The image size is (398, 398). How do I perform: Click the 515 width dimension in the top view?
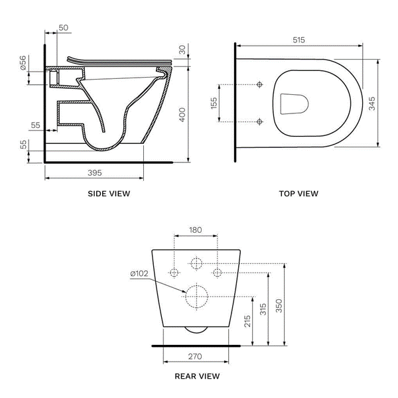[298, 40]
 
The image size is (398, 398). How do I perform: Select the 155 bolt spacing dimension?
[214, 104]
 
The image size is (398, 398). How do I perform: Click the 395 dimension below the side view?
[94, 172]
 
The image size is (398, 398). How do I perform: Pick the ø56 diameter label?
[23, 64]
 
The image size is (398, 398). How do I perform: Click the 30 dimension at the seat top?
[183, 50]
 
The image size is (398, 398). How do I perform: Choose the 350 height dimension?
[279, 305]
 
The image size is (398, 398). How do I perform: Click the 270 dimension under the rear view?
[196, 356]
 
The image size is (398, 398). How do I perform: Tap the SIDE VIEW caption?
[109, 194]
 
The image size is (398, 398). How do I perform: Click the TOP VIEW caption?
[298, 194]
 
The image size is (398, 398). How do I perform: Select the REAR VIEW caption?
[196, 376]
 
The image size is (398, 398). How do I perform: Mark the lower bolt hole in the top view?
[259, 121]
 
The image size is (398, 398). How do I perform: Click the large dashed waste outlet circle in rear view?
[196, 296]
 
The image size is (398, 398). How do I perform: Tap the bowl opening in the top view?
[296, 104]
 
